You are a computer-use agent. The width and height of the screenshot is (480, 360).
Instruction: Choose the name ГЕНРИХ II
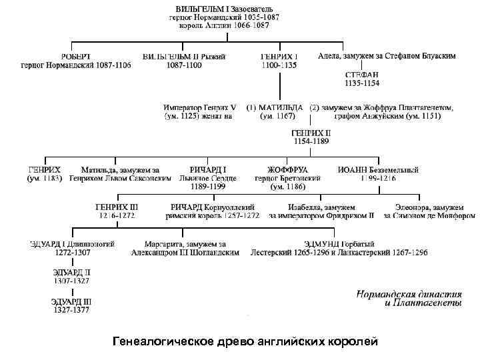click(x=311, y=132)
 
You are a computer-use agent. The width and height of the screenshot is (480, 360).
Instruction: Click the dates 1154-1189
click(x=311, y=141)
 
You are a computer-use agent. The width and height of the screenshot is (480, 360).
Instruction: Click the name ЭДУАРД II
click(x=72, y=273)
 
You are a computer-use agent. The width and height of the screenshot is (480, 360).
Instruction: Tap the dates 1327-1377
click(x=72, y=310)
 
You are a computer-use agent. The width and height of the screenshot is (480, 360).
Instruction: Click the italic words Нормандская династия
click(x=408, y=293)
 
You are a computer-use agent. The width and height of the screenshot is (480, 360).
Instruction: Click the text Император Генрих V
click(x=200, y=107)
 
